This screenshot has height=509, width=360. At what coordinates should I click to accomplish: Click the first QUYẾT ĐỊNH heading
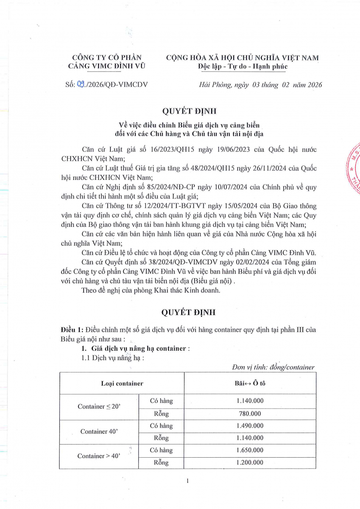coord(189,112)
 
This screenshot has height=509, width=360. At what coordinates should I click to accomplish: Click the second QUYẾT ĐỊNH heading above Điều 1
coord(189,313)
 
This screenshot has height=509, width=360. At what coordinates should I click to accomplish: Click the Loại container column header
coord(122,383)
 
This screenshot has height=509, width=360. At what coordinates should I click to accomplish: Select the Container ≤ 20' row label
coord(99,406)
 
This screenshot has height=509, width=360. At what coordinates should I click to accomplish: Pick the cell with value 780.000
coord(250,413)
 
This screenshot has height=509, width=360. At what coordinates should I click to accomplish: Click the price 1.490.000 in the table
coord(250,425)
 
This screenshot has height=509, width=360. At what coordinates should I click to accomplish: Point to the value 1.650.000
coord(250,450)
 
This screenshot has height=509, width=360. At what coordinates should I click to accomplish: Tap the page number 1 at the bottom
coord(187,481)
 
